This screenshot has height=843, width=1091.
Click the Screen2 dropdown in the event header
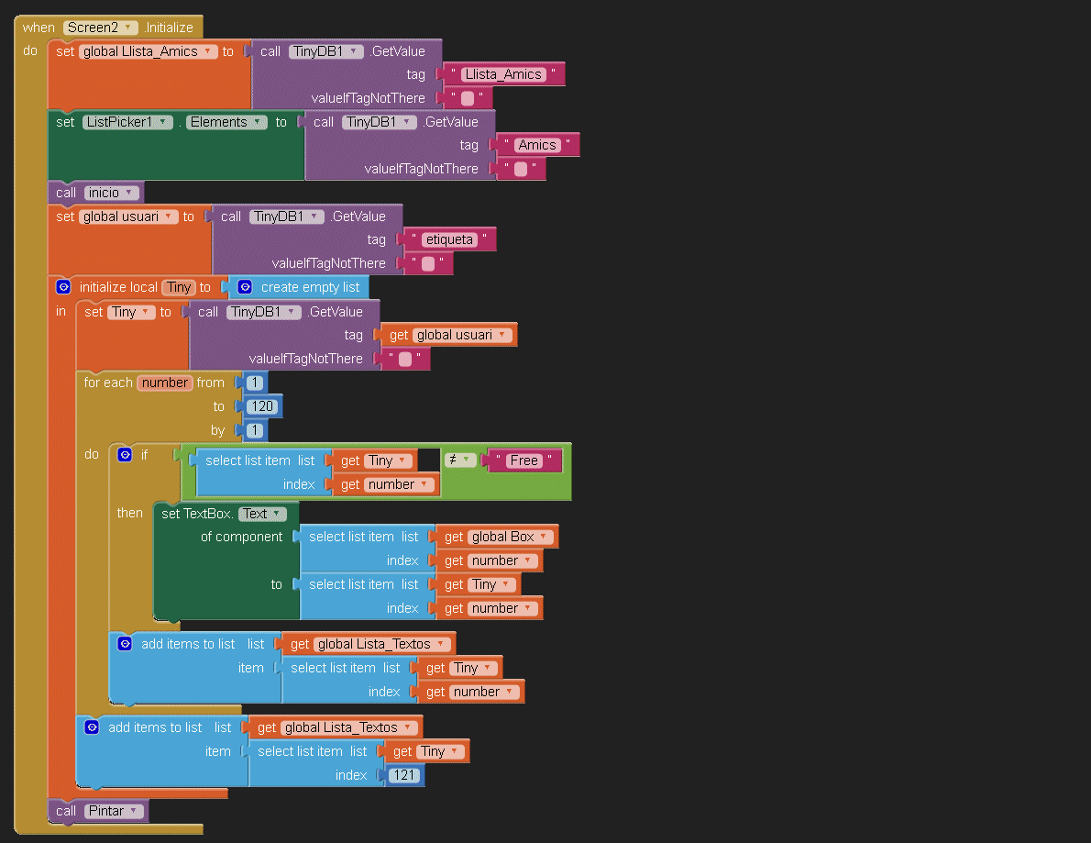point(101,28)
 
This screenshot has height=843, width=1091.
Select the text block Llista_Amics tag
point(502,74)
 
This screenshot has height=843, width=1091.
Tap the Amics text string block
point(536,145)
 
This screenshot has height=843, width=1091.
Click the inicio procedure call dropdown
point(113,193)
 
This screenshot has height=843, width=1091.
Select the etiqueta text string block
point(449,239)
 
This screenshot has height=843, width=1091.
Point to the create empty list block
point(309,287)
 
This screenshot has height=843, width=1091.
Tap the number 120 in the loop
point(259,406)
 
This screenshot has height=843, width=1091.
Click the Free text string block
point(524,460)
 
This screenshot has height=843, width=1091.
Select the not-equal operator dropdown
point(459,460)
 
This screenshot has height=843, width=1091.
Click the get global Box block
point(510,537)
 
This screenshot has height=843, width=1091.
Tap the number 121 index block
point(404,775)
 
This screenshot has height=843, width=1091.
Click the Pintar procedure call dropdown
point(115,811)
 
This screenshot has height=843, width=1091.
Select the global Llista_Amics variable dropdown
point(148,51)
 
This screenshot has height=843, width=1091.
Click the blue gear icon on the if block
point(126,454)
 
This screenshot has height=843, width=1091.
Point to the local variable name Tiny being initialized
point(179,287)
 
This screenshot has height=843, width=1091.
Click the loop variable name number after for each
point(165,383)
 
